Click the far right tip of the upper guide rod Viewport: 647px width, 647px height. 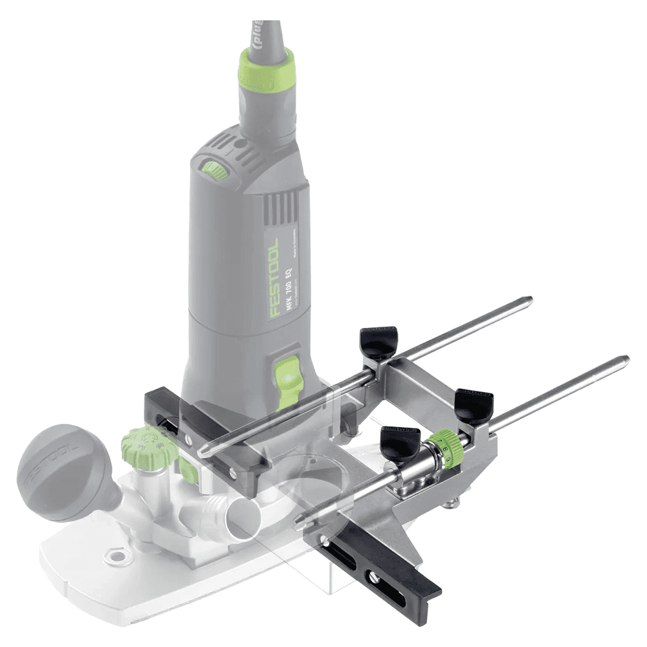(x=529, y=300)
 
